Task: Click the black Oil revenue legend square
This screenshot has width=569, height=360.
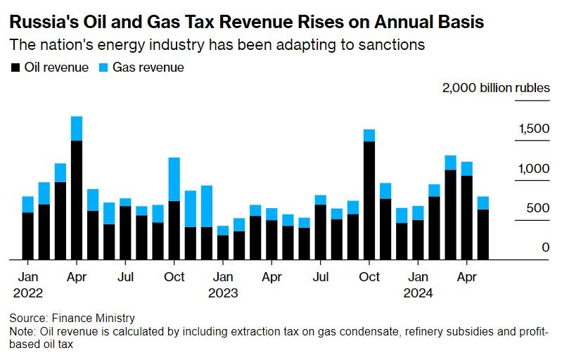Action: point(15,68)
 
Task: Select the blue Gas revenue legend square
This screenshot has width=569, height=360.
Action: point(103,68)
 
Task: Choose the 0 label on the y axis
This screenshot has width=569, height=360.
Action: point(546,247)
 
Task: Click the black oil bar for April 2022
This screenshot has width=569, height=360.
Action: point(77,200)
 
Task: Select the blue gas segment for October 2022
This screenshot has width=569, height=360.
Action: point(174,179)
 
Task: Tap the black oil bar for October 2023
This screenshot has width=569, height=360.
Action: point(369,201)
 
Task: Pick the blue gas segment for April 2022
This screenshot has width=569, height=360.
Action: point(77,129)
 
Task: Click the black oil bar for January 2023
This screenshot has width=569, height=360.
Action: point(223,247)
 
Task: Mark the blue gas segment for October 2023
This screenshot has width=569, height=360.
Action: point(369,136)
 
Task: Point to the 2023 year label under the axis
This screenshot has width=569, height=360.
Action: point(223,293)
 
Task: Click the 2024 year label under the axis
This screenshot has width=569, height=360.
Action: point(418,293)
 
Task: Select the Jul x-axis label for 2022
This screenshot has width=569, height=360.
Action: point(125,277)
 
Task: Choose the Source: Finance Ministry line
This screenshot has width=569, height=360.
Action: point(72,319)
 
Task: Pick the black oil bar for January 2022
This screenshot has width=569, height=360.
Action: point(28,236)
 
